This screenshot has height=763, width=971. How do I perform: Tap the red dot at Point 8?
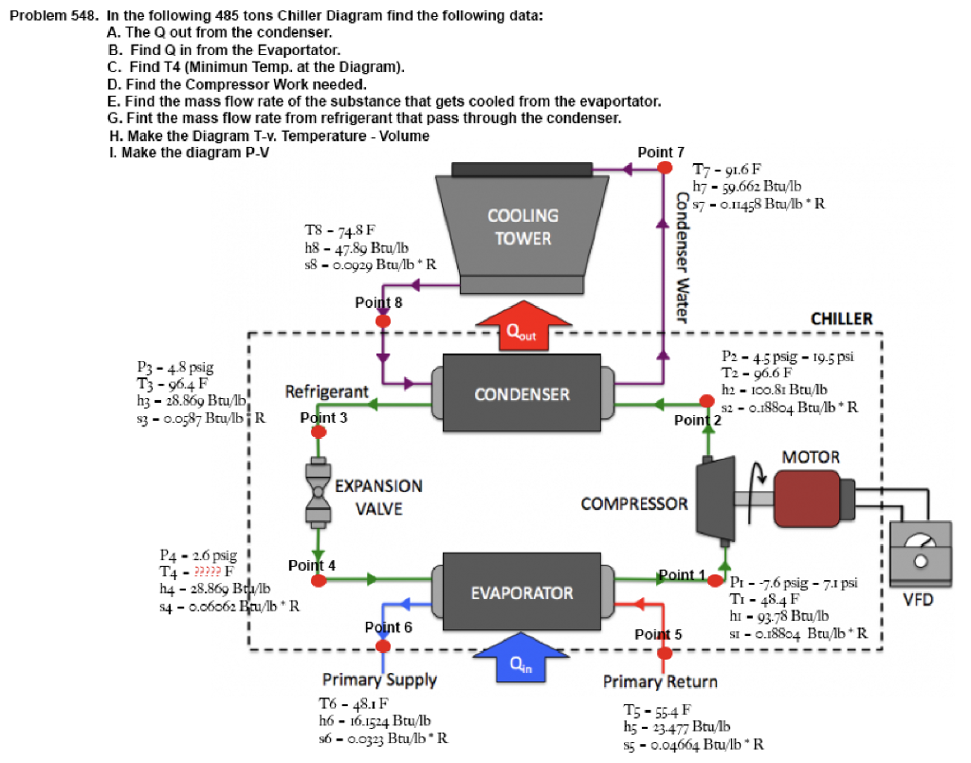(x=383, y=320)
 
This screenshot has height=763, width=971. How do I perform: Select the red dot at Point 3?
(x=318, y=430)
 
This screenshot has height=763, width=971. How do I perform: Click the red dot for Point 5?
(x=664, y=652)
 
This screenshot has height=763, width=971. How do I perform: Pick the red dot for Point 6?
(x=383, y=645)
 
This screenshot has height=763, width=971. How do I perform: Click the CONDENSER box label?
(x=522, y=394)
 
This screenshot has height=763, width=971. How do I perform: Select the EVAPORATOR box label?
(x=522, y=593)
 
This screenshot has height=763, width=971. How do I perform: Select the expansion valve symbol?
(x=318, y=492)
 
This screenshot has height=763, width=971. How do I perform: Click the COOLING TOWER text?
(x=522, y=227)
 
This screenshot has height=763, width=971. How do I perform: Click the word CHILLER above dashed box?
(x=841, y=318)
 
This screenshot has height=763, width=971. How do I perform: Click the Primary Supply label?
(x=379, y=680)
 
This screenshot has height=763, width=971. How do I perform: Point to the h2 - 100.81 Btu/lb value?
(x=774, y=390)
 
